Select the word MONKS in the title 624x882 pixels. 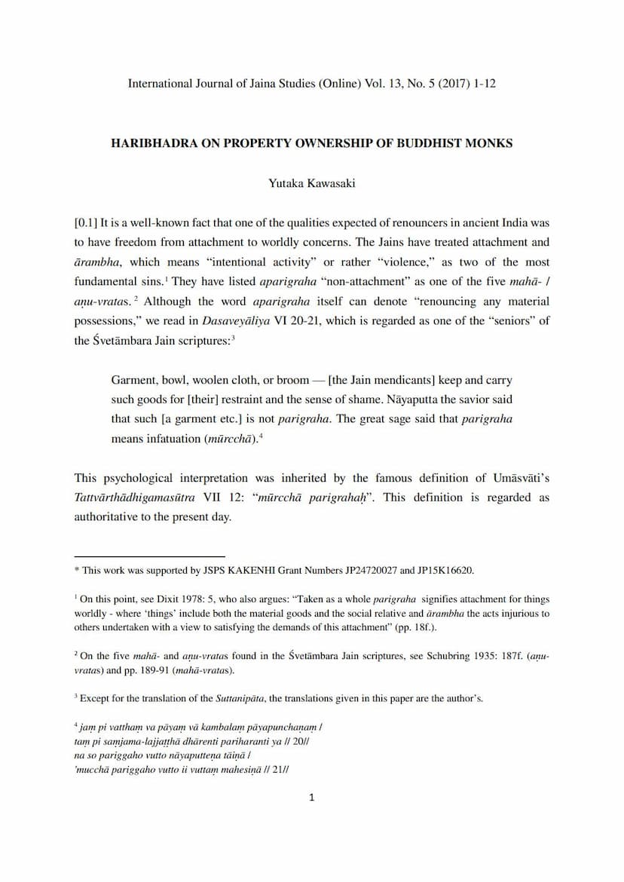pos(489,143)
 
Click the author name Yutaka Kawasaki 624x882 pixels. pos(311,183)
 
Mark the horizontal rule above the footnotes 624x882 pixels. pos(149,556)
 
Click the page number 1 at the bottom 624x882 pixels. pos(312,798)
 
